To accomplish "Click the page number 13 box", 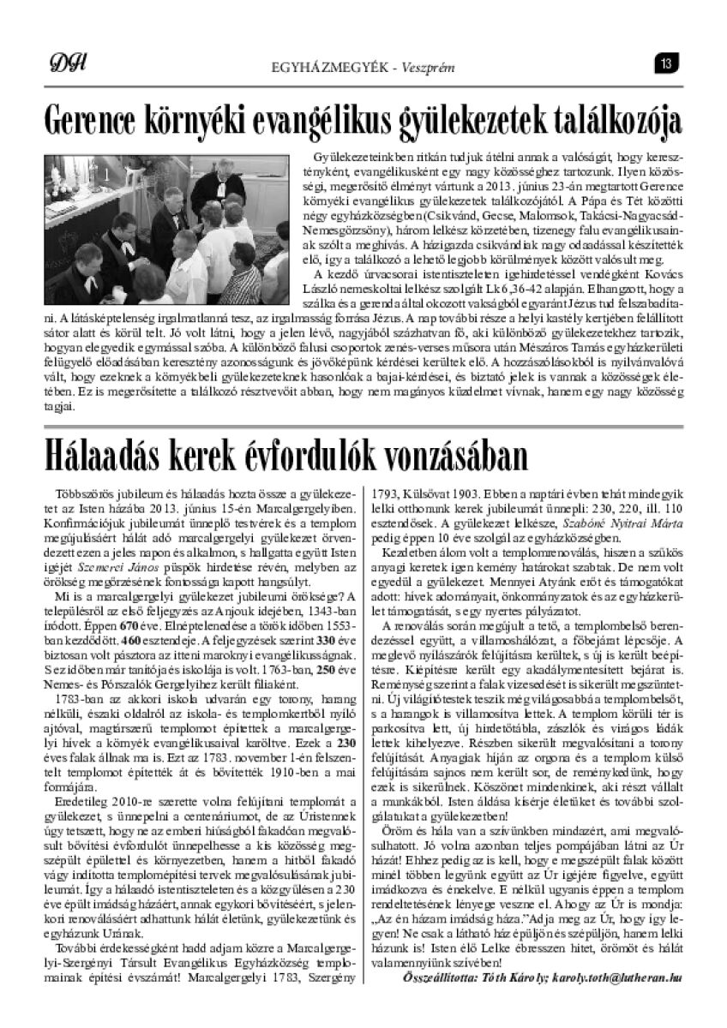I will coord(668,62).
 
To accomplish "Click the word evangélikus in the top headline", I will coord(304,120).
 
